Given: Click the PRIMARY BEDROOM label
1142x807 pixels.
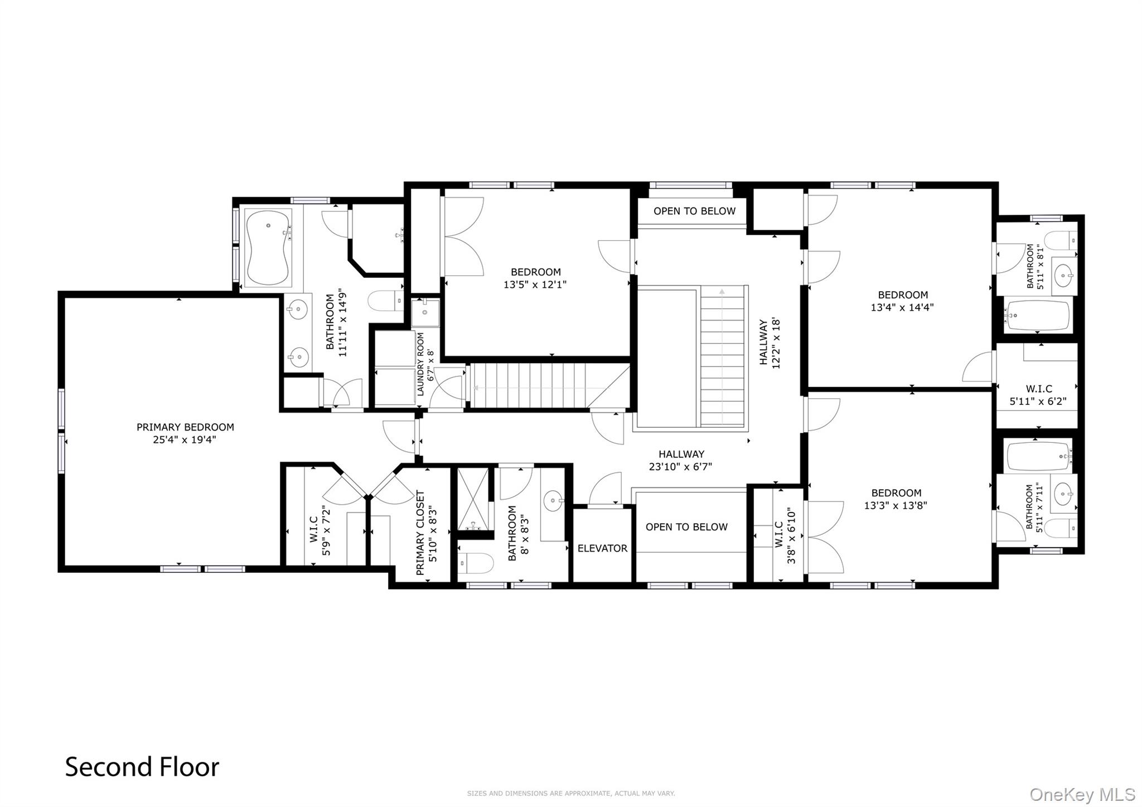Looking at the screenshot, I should coord(185,427).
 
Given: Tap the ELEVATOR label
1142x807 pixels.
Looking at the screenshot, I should coord(602,548).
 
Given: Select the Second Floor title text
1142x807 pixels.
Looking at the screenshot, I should coord(142,767).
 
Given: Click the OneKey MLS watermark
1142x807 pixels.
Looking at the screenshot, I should coord(1082,794).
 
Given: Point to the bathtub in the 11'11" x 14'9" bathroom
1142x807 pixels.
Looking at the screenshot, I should coord(268,247).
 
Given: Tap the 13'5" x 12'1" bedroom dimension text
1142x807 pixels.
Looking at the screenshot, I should coord(535,284).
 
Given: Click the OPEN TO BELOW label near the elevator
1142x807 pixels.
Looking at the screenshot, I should coord(686,527).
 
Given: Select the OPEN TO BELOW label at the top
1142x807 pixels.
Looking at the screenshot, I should coord(694,211).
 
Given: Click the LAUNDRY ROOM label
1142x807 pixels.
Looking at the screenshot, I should coord(420,364).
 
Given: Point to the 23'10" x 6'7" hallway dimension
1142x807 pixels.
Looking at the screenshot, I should coord(680,467).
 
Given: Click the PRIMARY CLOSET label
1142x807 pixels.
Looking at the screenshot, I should coord(420,533).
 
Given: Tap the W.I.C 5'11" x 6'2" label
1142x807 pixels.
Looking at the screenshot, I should coord(1038,395).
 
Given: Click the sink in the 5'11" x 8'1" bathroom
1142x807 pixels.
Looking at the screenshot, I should coord(1063,275).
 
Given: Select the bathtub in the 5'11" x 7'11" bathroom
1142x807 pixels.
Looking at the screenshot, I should coord(1039,456).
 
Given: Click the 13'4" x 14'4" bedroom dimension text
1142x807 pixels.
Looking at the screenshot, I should coord(902,307).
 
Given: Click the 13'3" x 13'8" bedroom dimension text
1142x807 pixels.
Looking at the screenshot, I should coord(896,505).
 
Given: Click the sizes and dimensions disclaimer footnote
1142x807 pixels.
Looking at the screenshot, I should coord(571,793).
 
